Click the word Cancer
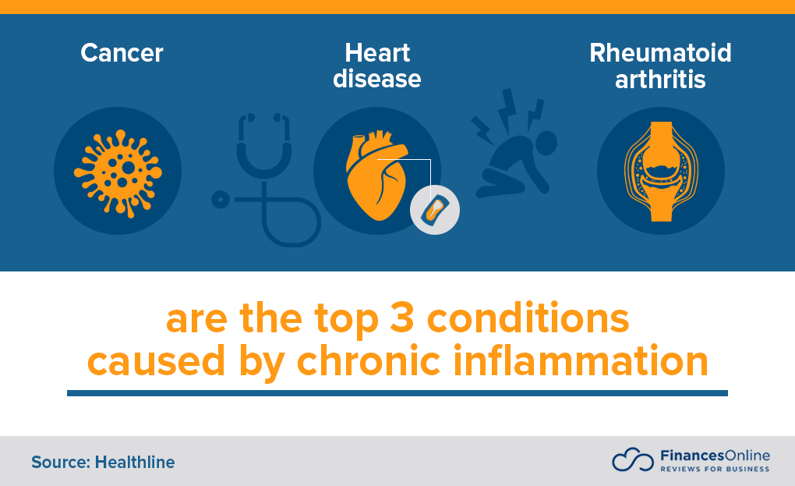pos(122,53)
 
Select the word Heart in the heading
pos(377,53)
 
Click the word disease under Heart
pos(377,78)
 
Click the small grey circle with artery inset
pos(435,209)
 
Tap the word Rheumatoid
pos(660,53)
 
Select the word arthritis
pos(660,78)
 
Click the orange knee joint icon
pos(661,171)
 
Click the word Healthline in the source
pos(135,462)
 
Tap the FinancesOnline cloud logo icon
pos(632,459)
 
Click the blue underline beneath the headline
pos(397,393)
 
